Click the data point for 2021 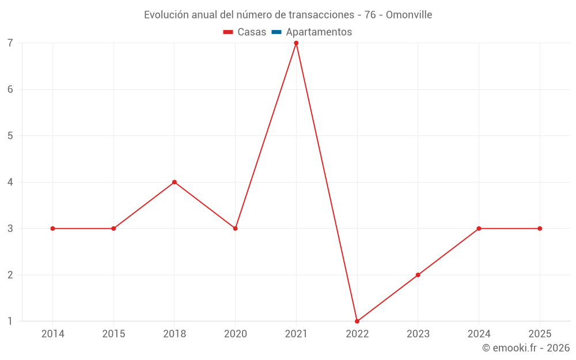tap(296, 43)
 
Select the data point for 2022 tap(357, 321)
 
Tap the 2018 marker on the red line tap(175, 182)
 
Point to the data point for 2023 tap(418, 275)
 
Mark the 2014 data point tap(52, 229)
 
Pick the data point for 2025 tap(540, 229)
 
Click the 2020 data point tap(235, 229)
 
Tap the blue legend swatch tap(276, 32)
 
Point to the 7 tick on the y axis tap(10, 43)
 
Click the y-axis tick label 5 tap(10, 136)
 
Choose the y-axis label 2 tap(10, 275)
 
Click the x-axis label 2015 tap(113, 334)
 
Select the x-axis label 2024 tap(479, 334)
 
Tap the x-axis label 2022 tap(357, 334)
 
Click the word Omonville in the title tap(409, 15)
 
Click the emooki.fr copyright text tap(526, 348)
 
